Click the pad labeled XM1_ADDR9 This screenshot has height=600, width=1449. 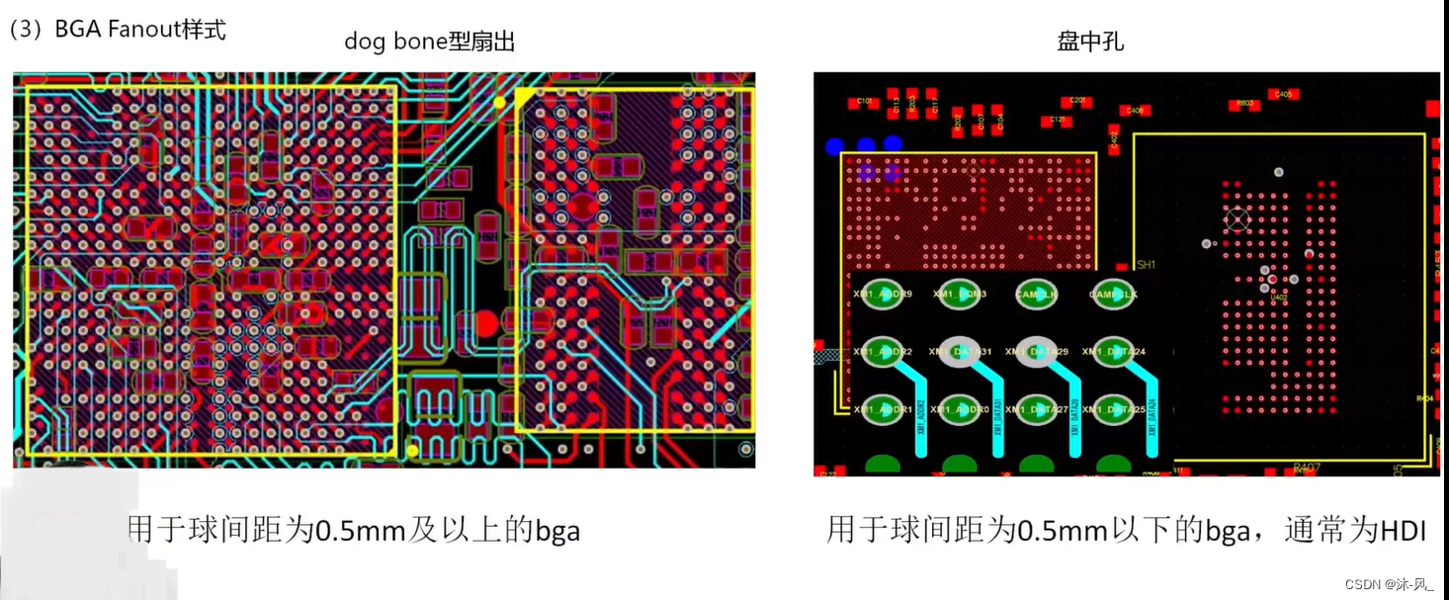(x=883, y=295)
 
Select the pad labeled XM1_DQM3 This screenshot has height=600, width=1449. (x=960, y=295)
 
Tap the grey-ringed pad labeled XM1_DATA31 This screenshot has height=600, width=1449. (x=960, y=352)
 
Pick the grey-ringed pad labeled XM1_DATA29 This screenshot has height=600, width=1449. (x=1037, y=352)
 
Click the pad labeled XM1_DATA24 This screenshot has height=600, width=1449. (x=1114, y=352)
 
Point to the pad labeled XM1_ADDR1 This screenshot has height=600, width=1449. (x=883, y=409)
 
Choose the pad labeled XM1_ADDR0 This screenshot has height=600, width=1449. (x=960, y=409)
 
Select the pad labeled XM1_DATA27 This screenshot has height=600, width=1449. (x=1037, y=409)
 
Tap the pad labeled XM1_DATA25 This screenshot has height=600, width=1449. (x=1114, y=409)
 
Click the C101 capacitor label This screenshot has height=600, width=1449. (x=864, y=102)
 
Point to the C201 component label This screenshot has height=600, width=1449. (x=1077, y=101)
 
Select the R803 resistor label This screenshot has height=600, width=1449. (x=1245, y=103)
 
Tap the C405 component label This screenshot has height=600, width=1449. (x=1283, y=95)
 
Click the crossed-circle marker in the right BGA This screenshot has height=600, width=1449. (x=1236, y=219)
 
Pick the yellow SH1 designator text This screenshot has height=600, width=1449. (x=1146, y=265)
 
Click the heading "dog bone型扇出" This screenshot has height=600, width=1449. (x=429, y=42)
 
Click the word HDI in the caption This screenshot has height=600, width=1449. (x=1403, y=531)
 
